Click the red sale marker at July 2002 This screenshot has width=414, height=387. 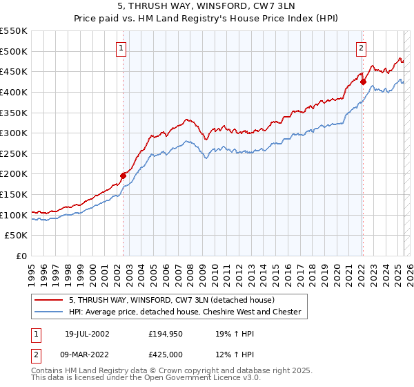(x=124, y=176)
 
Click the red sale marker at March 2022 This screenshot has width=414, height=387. (x=363, y=82)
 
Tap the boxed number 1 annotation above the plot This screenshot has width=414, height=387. (x=121, y=48)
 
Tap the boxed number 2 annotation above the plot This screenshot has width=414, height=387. (x=361, y=48)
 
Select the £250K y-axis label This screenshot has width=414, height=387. (x=14, y=153)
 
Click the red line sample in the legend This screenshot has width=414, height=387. (x=49, y=301)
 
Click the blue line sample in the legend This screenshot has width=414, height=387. (x=49, y=312)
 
